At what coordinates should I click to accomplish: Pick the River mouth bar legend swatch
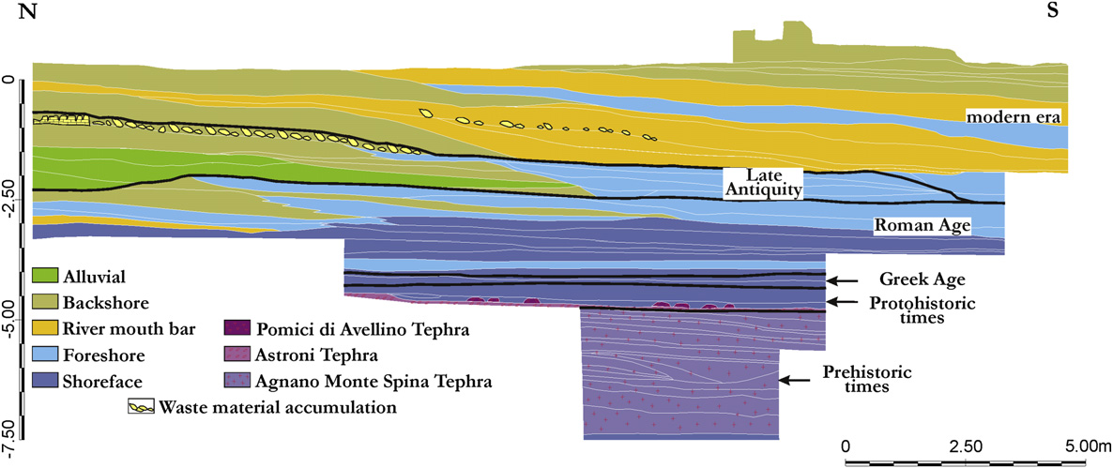click(x=46, y=327)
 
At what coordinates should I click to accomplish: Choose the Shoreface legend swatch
click(x=46, y=382)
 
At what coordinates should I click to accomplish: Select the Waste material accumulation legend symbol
click(x=141, y=408)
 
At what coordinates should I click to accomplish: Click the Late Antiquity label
click(x=762, y=182)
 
